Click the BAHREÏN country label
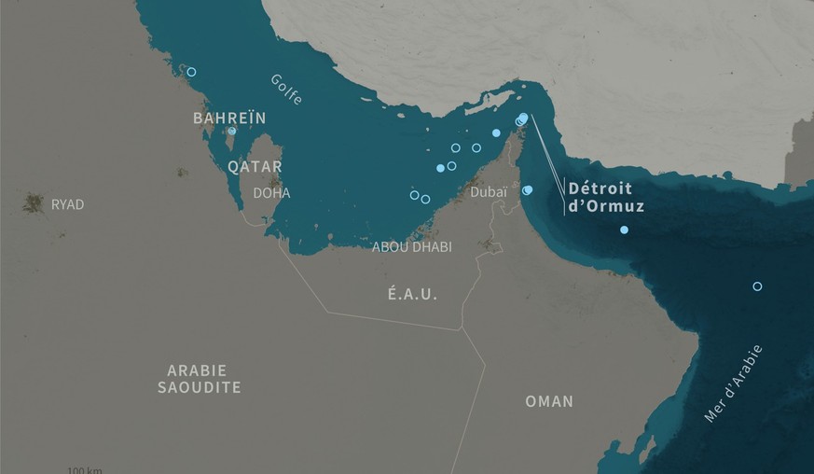[x=229, y=118]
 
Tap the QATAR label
[x=255, y=167]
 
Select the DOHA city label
[x=271, y=193]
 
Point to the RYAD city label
[x=67, y=204]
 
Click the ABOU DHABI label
[x=411, y=247]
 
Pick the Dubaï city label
[x=490, y=192]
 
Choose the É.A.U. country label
[x=413, y=294]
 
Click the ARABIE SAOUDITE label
[x=199, y=379]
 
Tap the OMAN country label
[x=549, y=401]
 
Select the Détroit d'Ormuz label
[x=606, y=197]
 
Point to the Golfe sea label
[x=287, y=89]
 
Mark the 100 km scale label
[x=85, y=469]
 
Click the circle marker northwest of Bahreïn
[x=191, y=72]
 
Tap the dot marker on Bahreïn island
[x=231, y=131]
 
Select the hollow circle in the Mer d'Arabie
[x=757, y=286]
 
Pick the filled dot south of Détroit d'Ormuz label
[x=624, y=230]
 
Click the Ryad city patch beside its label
[x=34, y=202]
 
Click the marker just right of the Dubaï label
[x=528, y=190]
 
